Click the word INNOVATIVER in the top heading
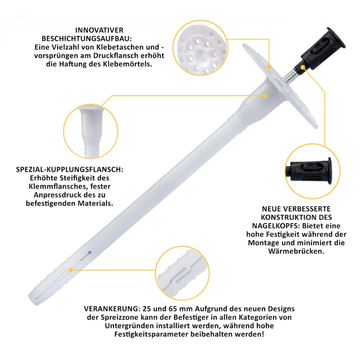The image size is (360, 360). coord(99,30)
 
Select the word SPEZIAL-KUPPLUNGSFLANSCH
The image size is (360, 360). coord(69,170)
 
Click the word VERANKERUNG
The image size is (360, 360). coord(112,309)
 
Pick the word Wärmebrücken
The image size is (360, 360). coord(296,251)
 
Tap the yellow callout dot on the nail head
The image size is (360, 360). coord(303,67)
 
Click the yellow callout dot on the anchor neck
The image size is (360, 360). coord(265,95)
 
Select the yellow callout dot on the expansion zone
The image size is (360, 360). coord(71,270)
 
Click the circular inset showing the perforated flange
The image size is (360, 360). coord(200,48)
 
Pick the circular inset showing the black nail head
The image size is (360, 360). coord(312,171)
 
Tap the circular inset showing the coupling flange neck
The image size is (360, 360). coord(91,131)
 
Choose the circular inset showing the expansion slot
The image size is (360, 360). coord(182,273)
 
